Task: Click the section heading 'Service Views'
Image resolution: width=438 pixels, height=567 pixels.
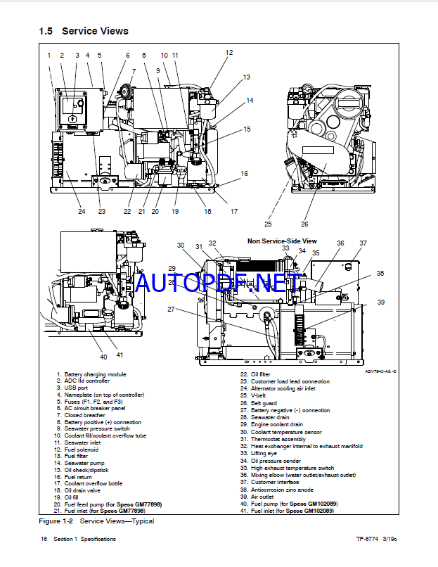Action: coord(95,31)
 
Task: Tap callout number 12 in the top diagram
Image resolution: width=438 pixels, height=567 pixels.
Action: coord(228,53)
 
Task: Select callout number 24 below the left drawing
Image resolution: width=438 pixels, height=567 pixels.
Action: coord(82,211)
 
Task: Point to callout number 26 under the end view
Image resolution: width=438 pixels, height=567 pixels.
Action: coord(304,224)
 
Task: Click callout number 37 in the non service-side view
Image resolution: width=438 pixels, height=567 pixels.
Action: coord(363,243)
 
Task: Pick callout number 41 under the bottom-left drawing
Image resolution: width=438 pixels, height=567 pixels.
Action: coord(120,355)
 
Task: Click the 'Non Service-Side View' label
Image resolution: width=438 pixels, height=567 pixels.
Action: coord(281,241)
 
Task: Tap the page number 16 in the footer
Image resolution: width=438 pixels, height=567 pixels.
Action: coord(44,540)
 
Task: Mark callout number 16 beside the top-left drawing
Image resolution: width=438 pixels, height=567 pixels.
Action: coord(244,173)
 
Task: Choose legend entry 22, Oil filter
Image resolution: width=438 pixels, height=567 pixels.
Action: coord(260,374)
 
